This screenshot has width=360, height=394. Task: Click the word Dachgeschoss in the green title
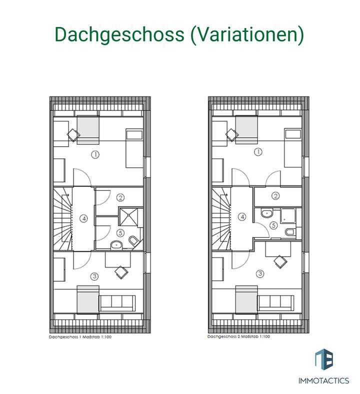coord(120,35)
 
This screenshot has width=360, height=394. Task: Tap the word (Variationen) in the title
coord(247,35)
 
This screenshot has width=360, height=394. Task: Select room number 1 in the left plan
coord(95,154)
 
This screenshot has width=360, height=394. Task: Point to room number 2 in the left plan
coord(120,198)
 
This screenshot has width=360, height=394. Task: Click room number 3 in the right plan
coord(259,273)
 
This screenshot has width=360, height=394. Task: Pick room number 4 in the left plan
coord(83,218)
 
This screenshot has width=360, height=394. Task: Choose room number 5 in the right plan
coord(273,225)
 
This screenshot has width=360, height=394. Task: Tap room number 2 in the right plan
coord(275,196)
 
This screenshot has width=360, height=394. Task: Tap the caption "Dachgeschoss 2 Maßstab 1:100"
coord(239,337)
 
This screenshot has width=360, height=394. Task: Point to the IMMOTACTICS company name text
coord(324,381)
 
